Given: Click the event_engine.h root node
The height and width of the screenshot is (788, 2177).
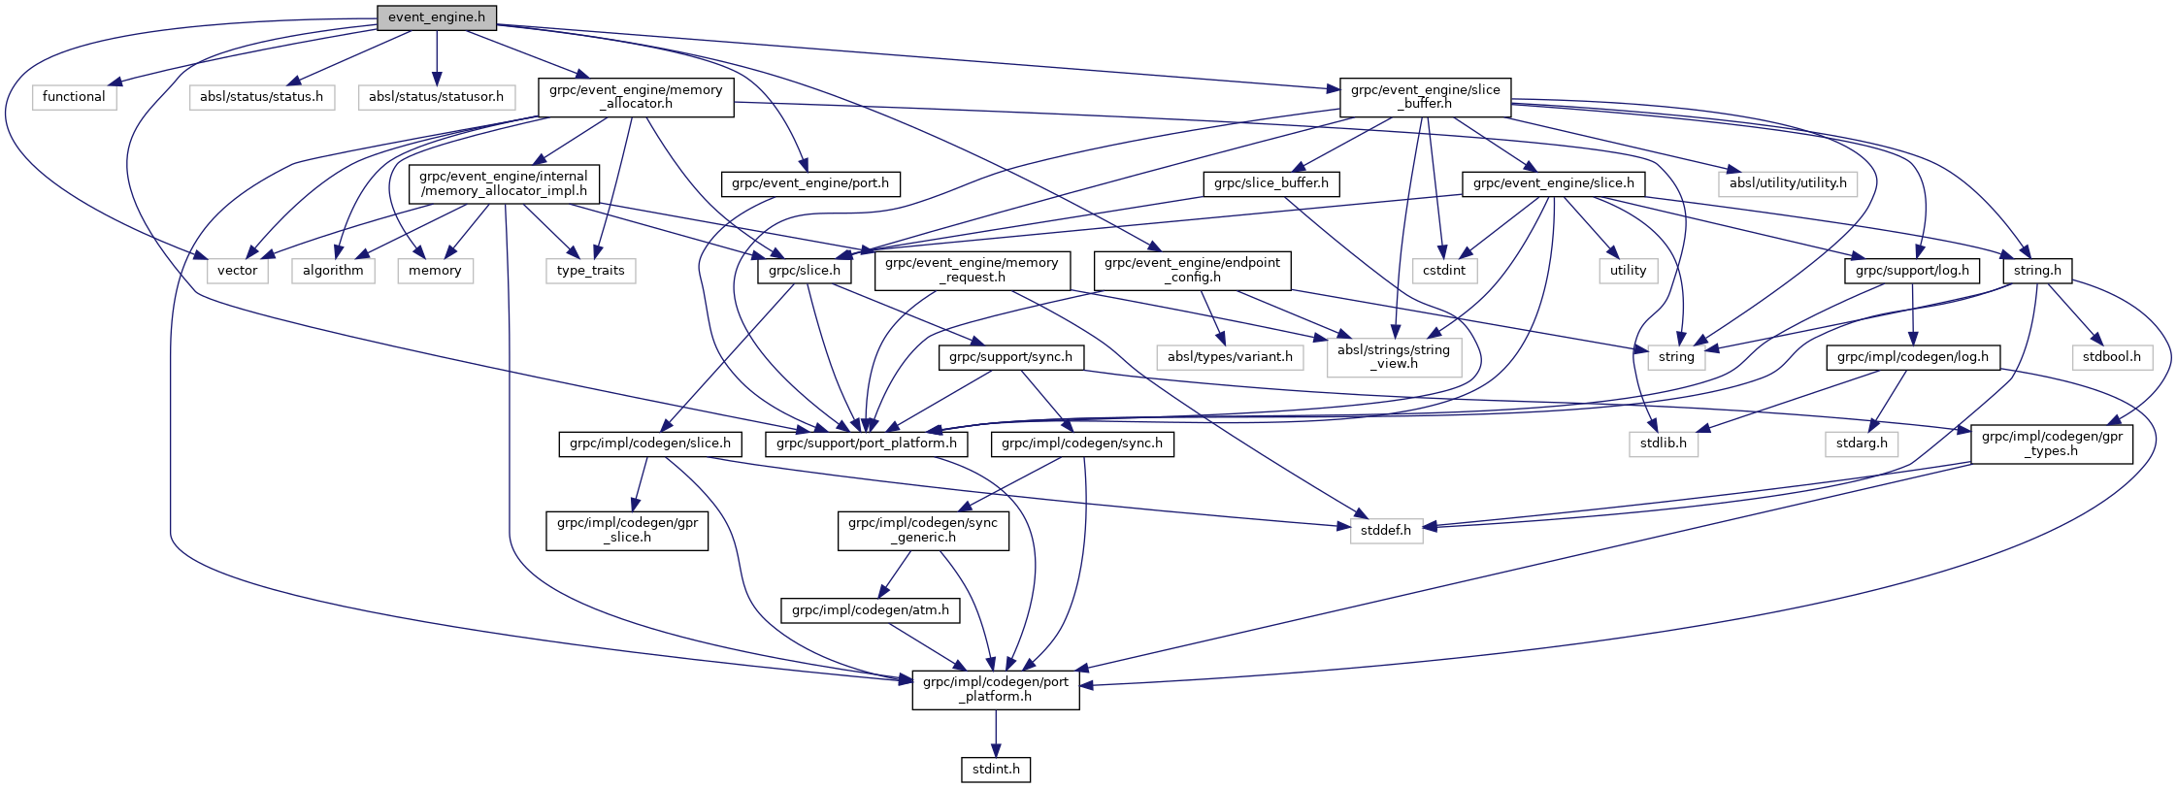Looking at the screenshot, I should (x=436, y=17).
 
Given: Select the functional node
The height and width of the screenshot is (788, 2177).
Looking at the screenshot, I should (x=74, y=97).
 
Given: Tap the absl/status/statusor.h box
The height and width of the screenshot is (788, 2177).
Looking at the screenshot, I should (x=436, y=97).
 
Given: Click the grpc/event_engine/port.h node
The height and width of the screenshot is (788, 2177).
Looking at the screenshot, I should (x=809, y=183).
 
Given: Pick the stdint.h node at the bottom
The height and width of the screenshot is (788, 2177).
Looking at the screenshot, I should (x=996, y=770).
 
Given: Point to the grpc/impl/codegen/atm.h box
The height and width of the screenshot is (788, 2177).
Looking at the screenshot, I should (x=870, y=610).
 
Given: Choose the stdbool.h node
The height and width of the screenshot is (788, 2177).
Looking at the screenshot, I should (x=2111, y=357).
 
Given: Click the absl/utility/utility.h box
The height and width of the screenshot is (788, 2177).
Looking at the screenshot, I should (x=1787, y=183).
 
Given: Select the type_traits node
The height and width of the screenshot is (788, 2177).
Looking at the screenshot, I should (x=590, y=271).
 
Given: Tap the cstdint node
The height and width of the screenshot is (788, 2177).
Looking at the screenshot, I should (x=1443, y=271).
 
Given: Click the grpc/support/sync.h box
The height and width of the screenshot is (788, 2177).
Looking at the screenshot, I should (x=1010, y=357).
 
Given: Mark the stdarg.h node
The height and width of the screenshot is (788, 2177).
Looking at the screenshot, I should (x=1862, y=443).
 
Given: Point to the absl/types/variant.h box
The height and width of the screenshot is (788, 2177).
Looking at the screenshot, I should (x=1230, y=357).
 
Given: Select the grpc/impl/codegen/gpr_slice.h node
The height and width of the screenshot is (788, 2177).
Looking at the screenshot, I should (x=627, y=530).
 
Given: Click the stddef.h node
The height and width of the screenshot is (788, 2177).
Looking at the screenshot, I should (x=1386, y=531).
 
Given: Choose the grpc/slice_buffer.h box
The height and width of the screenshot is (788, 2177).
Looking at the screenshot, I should (x=1270, y=183).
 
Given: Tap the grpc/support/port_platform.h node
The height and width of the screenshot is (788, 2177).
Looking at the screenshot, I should (x=866, y=443).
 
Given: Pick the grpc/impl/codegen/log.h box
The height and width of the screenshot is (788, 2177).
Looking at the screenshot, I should (x=1912, y=357).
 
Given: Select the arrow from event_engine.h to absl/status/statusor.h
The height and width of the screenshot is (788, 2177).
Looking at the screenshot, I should (x=436, y=58).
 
